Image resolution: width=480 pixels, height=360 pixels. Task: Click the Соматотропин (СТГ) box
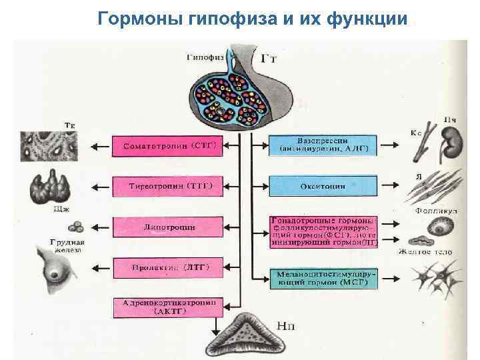coord(167,145)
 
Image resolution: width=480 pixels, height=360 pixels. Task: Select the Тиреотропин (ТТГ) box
coord(167,185)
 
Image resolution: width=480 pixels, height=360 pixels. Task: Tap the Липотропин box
coord(167,227)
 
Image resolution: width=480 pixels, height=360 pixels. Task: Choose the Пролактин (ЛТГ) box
coord(167,268)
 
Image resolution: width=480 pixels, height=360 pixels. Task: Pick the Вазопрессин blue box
coord(323,145)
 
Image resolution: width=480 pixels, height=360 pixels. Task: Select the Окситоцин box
coord(323,187)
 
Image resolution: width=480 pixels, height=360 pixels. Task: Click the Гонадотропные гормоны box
coord(323,231)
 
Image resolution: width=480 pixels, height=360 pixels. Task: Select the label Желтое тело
coord(425,252)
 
